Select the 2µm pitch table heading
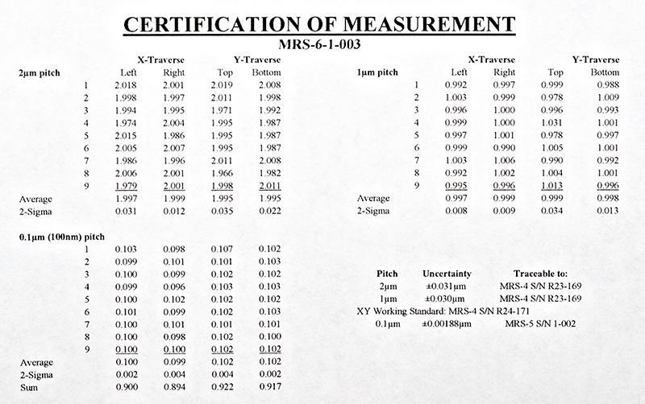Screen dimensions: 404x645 coord(38,72)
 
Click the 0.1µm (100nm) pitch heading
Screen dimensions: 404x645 coord(61,237)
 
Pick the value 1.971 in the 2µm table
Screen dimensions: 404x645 coord(222,110)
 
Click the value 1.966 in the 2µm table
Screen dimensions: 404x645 coord(222,172)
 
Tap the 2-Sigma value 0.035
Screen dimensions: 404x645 coord(222,211)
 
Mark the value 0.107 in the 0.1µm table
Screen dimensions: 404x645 coord(222,249)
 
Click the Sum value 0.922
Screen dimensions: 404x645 coord(222,388)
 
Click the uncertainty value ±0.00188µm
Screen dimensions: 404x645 coord(447,324)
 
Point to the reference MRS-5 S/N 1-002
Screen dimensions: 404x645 coord(544,324)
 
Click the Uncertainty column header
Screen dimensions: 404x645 coord(447,274)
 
